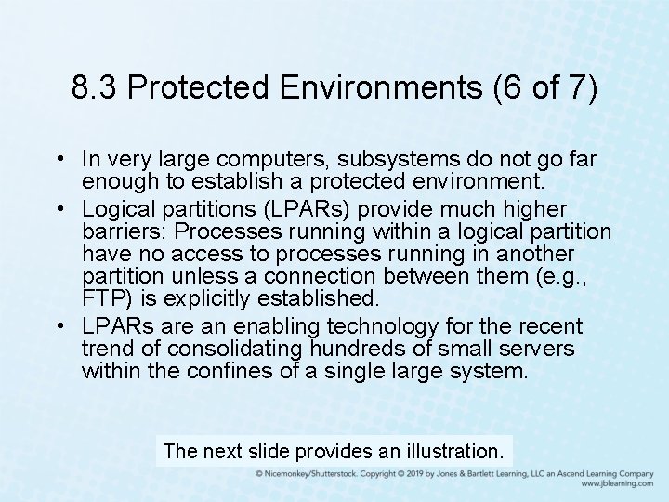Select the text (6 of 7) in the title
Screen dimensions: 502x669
coord(539,88)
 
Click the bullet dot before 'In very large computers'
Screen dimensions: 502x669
coord(59,160)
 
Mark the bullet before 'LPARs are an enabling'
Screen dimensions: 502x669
coord(59,327)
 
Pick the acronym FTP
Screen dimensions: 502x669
coord(101,298)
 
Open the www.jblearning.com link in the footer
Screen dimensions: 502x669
coord(617,484)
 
